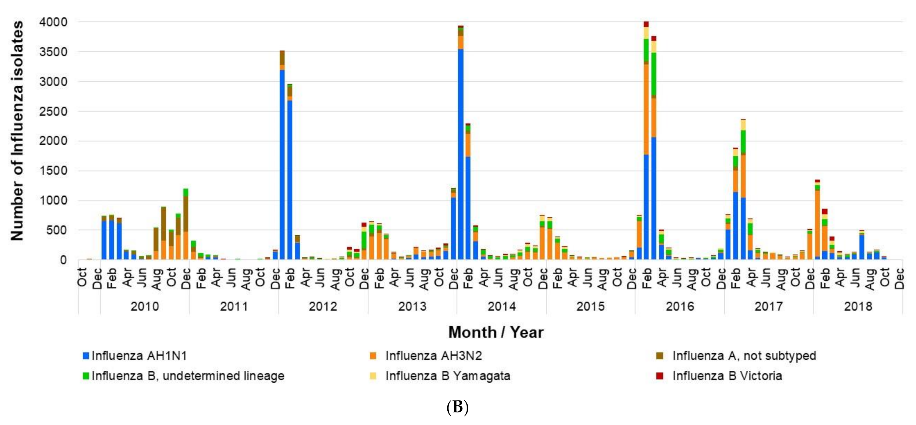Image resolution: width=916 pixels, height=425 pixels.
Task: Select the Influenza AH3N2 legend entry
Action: pyautogui.click(x=433, y=356)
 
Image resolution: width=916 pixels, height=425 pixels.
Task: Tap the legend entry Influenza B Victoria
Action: pyautogui.click(x=727, y=376)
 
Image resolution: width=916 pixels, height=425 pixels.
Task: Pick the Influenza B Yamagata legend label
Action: pyautogui.click(x=447, y=376)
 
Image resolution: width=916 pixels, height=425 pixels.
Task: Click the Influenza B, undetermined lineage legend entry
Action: pyautogui.click(x=187, y=376)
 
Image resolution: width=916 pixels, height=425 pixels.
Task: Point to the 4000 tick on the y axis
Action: pyautogui.click(x=53, y=22)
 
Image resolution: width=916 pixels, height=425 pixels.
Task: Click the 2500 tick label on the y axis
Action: pyautogui.click(x=53, y=111)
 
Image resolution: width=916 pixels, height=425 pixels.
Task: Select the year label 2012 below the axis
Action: pyautogui.click(x=322, y=306)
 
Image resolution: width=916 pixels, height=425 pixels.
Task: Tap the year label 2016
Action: pyautogui.click(x=680, y=306)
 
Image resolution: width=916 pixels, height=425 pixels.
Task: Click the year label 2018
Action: pyautogui.click(x=858, y=306)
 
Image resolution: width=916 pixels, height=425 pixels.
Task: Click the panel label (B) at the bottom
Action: pyautogui.click(x=457, y=407)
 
